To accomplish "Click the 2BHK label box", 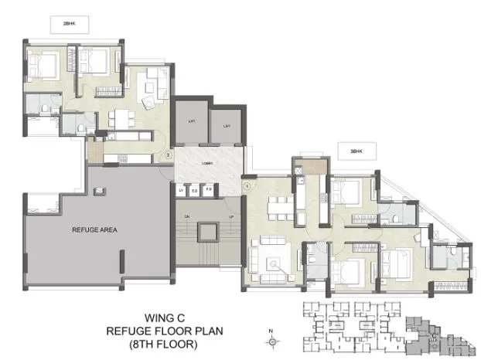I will [x=68, y=25].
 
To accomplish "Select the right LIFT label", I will [x=227, y=125].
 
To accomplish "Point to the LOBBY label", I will [x=207, y=164].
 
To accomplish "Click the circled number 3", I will [x=168, y=155].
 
